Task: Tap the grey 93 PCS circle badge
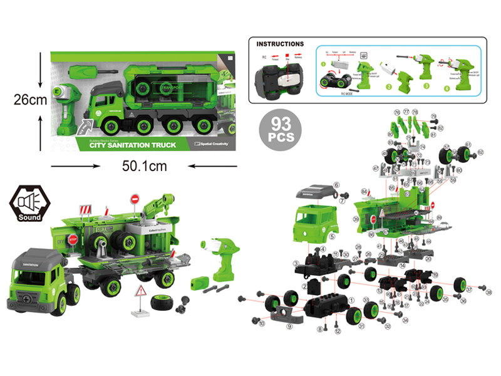click(x=279, y=129)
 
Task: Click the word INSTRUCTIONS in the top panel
click(x=280, y=44)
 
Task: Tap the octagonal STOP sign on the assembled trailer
click(x=72, y=239)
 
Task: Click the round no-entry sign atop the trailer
click(x=135, y=200)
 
